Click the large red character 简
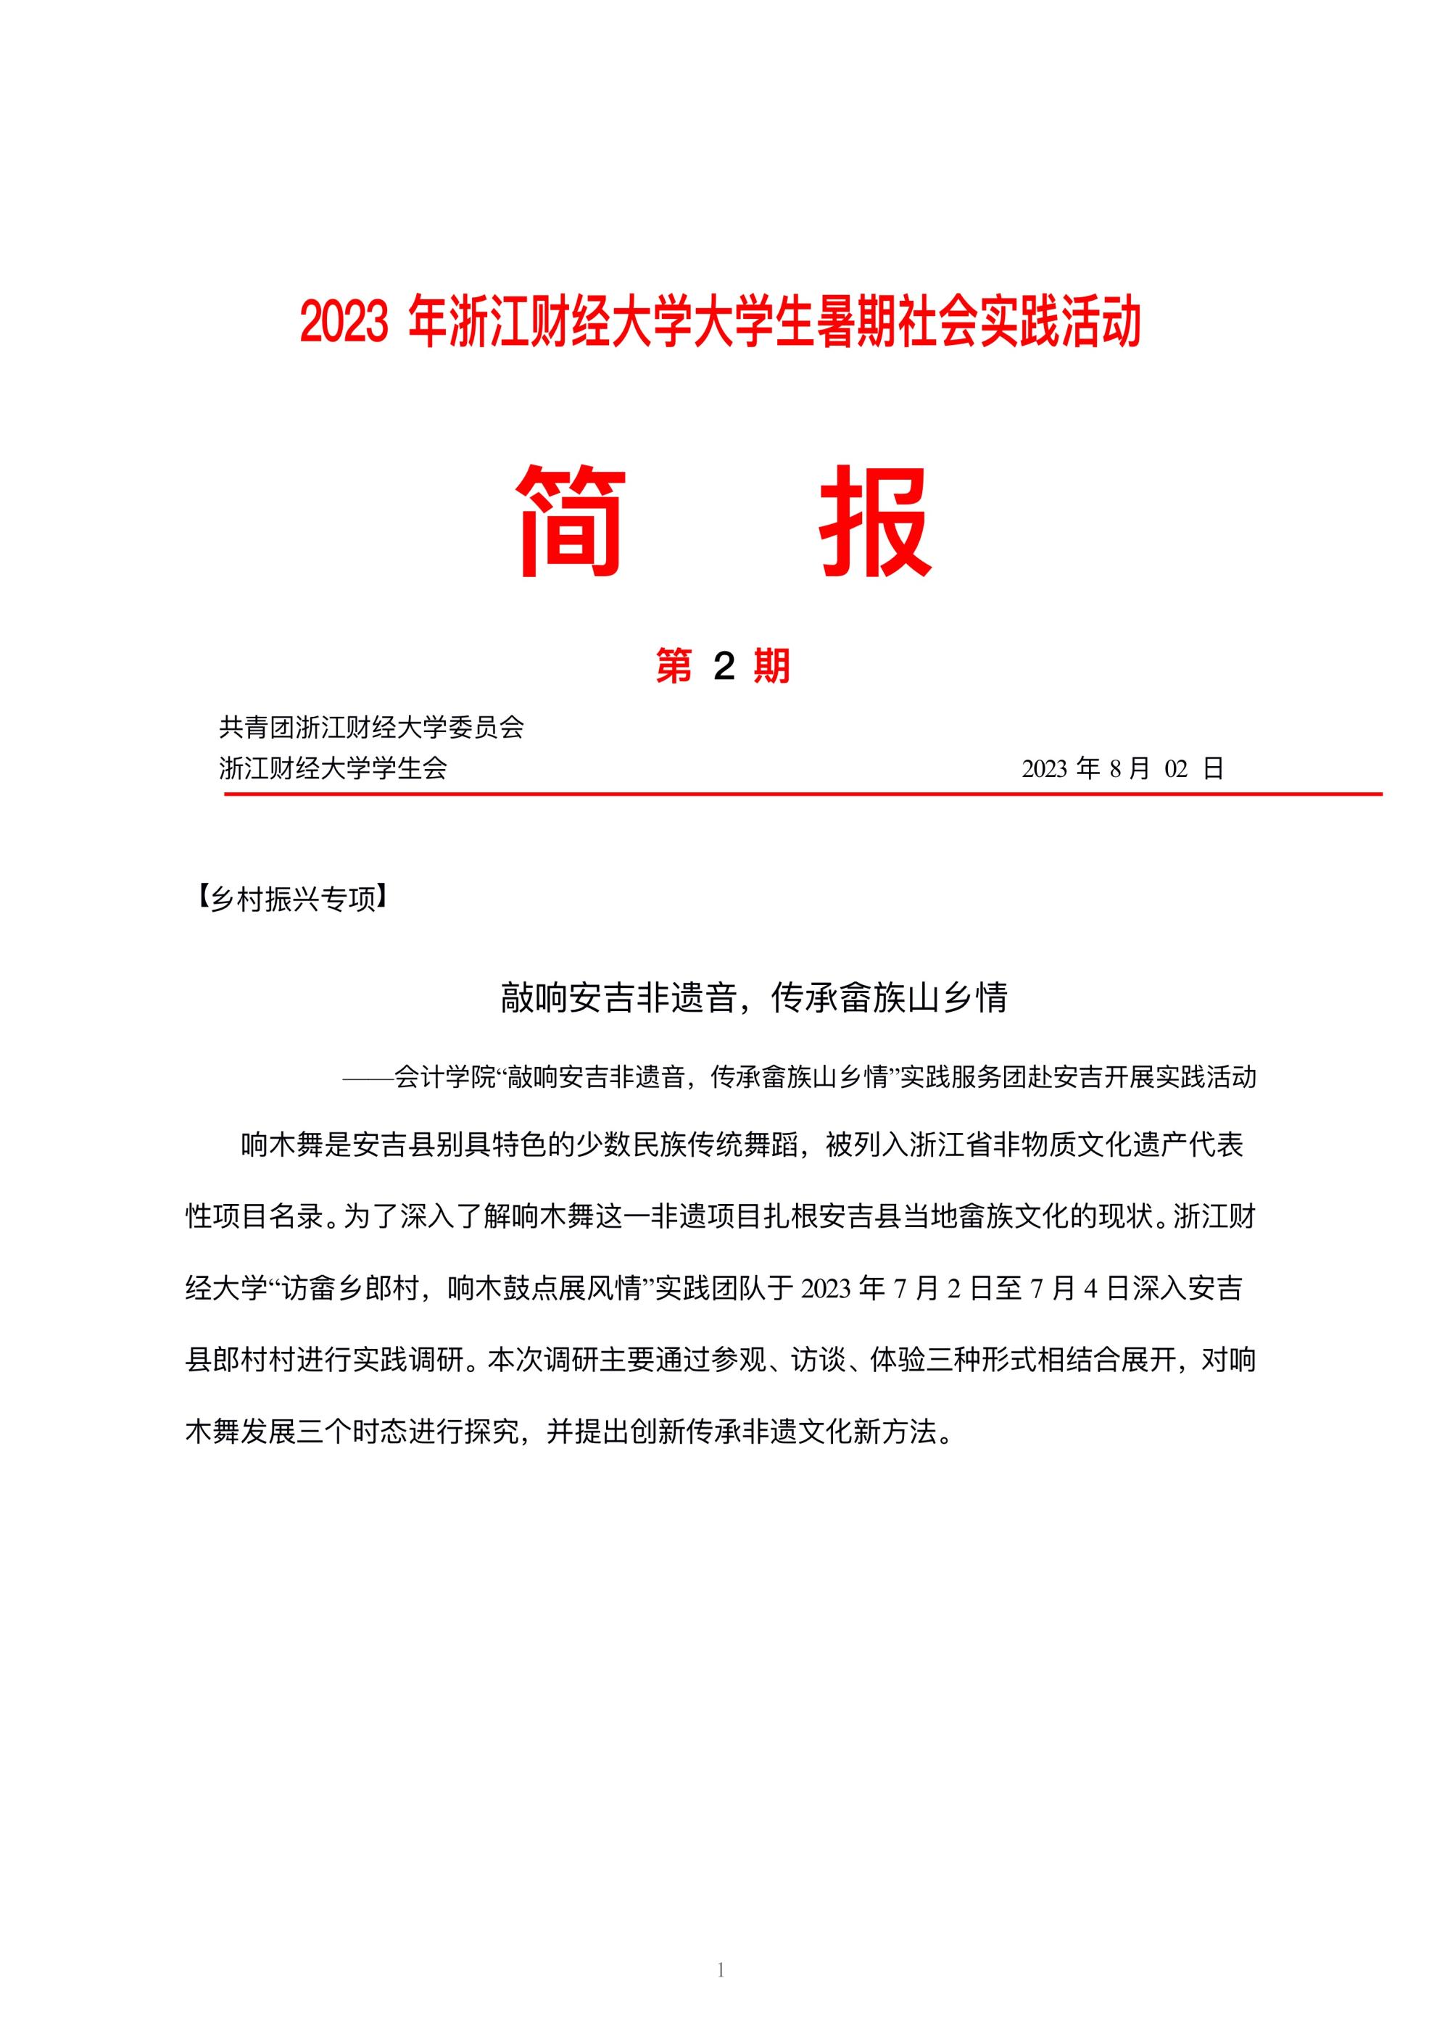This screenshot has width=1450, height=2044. (571, 521)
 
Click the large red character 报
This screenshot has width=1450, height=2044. (876, 521)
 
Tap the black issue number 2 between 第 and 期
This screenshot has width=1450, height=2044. (724, 667)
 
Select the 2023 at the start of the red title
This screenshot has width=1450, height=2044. (344, 323)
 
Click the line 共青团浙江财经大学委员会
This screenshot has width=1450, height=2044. (371, 728)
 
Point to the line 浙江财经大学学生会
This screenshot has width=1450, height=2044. (333, 768)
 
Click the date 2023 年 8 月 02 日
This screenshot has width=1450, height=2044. (1122, 768)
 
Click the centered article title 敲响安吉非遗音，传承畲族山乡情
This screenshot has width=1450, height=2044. (755, 998)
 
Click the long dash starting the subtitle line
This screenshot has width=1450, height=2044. (368, 1077)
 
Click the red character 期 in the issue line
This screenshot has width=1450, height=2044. (771, 667)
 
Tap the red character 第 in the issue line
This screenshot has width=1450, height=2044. (674, 667)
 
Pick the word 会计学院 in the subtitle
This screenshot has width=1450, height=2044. (444, 1077)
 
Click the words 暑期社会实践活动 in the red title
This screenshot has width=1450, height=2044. (979, 323)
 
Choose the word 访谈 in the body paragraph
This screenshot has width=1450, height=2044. (820, 1361)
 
